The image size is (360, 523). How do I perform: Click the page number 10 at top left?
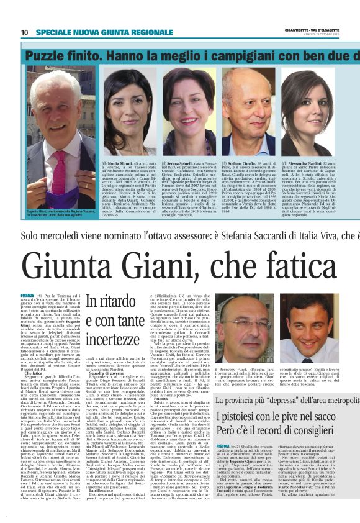(x=25, y=32)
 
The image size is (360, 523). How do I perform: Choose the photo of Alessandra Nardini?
(x=308, y=109)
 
